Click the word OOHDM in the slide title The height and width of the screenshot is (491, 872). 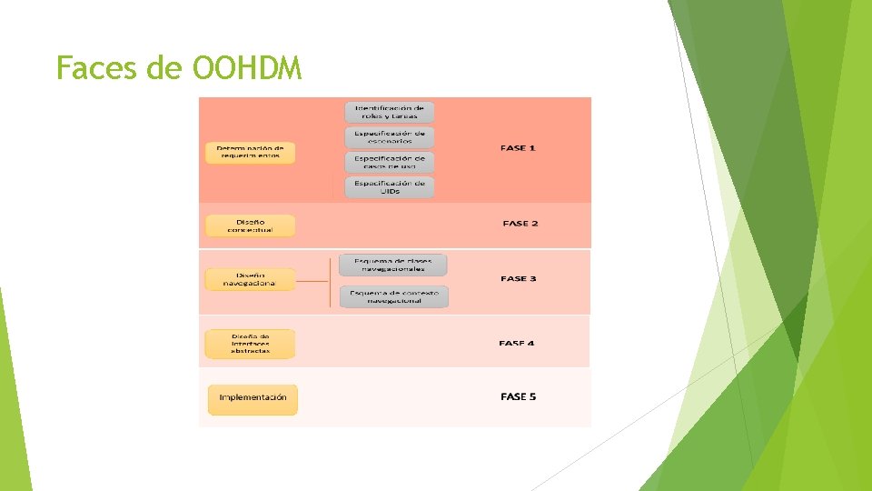247,67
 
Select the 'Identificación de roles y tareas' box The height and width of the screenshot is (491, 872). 389,112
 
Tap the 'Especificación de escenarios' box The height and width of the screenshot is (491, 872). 389,137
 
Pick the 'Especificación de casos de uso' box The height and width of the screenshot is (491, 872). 389,162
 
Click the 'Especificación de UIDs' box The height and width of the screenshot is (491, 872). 389,186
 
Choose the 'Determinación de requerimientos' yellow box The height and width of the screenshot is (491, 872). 250,152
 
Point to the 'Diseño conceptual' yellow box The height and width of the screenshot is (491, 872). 250,225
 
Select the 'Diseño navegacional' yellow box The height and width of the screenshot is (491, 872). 250,279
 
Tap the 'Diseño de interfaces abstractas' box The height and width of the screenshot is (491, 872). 250,343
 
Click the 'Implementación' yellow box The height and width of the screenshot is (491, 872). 253,397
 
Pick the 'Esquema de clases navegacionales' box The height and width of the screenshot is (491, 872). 393,265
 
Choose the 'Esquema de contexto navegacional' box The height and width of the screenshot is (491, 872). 393,296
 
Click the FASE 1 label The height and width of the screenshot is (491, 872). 518,147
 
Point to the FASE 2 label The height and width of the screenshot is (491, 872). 520,223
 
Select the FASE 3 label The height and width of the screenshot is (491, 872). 518,278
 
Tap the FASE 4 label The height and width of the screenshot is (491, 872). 517,343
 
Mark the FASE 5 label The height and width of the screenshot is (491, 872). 518,396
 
